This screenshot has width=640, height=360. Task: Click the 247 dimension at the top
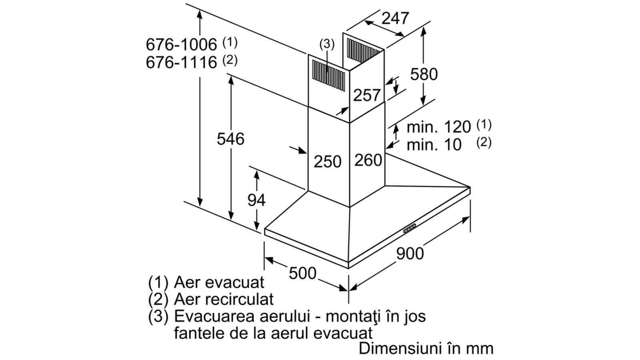[395, 18]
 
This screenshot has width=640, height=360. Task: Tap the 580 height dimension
[424, 74]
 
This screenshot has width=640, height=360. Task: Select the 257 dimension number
[367, 95]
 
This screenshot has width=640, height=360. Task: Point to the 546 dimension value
[230, 139]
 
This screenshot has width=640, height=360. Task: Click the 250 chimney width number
[328, 162]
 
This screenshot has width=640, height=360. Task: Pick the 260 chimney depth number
[368, 160]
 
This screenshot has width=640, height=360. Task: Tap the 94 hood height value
[256, 200]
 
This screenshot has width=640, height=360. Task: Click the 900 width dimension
[410, 254]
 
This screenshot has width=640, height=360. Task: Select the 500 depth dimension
[302, 273]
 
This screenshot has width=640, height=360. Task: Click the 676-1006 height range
[182, 44]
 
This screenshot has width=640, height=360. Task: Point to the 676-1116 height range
[182, 62]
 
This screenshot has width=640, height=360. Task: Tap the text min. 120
[438, 127]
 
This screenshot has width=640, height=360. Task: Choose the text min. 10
[434, 144]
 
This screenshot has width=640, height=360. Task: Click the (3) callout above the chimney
[327, 44]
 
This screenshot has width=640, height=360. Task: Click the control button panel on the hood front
[410, 228]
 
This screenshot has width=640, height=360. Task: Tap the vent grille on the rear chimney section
[363, 51]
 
